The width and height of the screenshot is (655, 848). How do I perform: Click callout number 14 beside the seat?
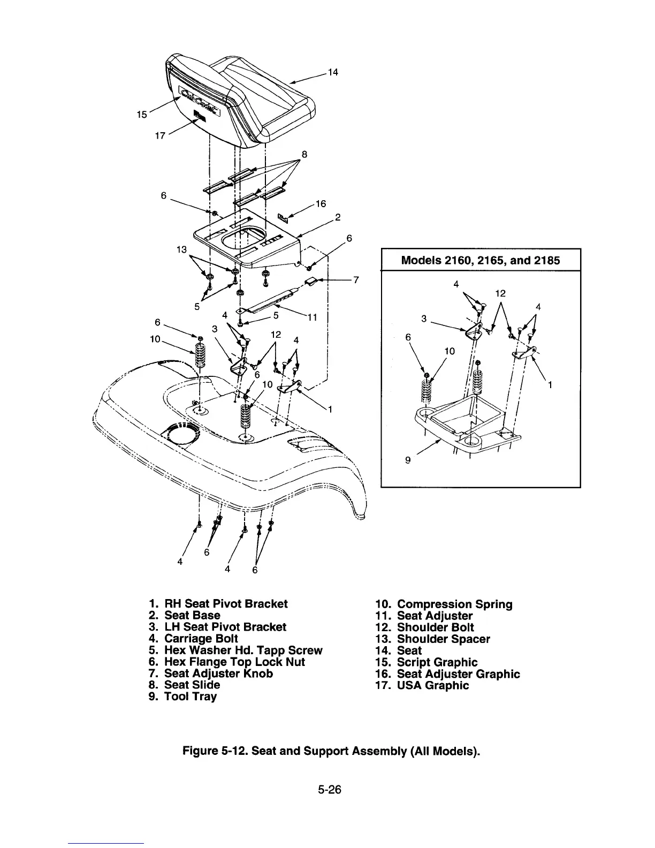[x=333, y=72]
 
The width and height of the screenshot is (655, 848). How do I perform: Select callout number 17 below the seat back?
[x=159, y=136]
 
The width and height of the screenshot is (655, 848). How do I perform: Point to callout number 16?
[x=321, y=204]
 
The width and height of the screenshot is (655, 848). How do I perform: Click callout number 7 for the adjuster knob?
[x=356, y=280]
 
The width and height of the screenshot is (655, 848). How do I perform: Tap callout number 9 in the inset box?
[x=408, y=459]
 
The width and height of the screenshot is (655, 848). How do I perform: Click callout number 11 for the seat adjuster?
[x=313, y=317]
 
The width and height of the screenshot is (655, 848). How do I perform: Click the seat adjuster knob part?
[x=311, y=282]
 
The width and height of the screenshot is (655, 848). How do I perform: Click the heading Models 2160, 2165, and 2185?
[x=480, y=261]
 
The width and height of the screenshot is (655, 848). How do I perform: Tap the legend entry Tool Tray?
[x=190, y=696]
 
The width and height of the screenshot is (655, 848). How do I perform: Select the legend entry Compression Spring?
[x=454, y=604]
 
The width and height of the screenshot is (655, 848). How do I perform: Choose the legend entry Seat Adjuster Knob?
[x=218, y=673]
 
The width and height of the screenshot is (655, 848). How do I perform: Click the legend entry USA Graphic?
[x=432, y=685]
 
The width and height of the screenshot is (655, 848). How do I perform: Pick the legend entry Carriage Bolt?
[x=201, y=639]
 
